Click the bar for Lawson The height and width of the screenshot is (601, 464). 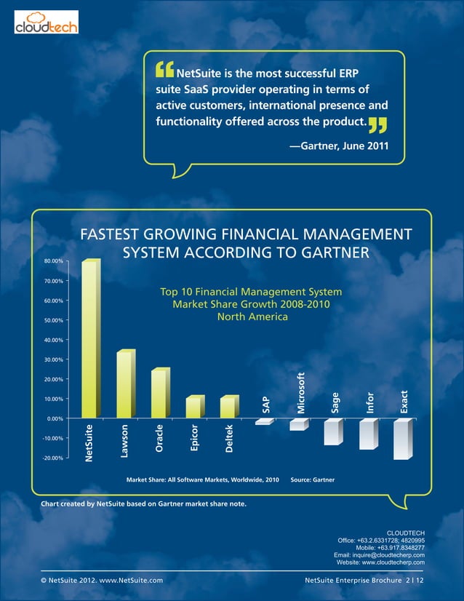point(124,384)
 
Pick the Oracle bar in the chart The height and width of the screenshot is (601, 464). point(159,394)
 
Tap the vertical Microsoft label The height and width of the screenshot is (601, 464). point(300,394)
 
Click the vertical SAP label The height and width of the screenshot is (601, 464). point(265,407)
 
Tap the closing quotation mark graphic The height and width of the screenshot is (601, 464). point(377,129)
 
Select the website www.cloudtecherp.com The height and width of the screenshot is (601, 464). point(381,563)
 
